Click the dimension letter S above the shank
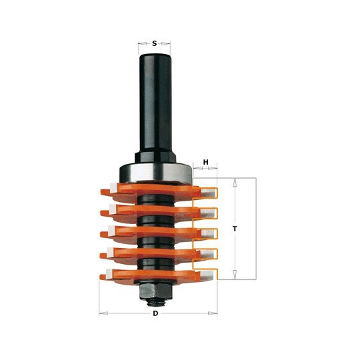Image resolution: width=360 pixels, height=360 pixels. tap(155, 43)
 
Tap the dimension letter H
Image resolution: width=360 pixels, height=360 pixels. tap(206, 162)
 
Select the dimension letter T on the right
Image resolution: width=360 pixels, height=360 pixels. tap(235, 229)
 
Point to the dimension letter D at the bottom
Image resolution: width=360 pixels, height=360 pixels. tap(155, 313)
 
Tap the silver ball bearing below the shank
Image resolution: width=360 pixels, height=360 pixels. tap(155, 173)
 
